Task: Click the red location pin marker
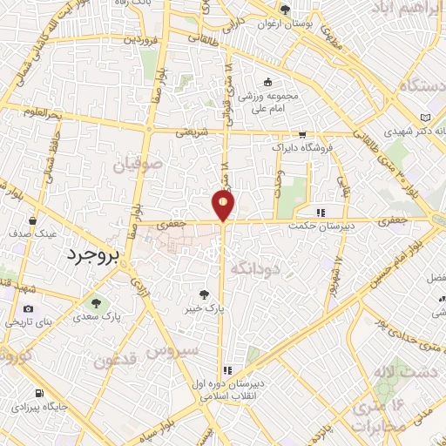pyautogui.click(x=224, y=205)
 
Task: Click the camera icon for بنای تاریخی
pyautogui.click(x=29, y=309)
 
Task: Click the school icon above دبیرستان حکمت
pyautogui.click(x=321, y=212)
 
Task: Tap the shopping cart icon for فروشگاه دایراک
pyautogui.click(x=302, y=135)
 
